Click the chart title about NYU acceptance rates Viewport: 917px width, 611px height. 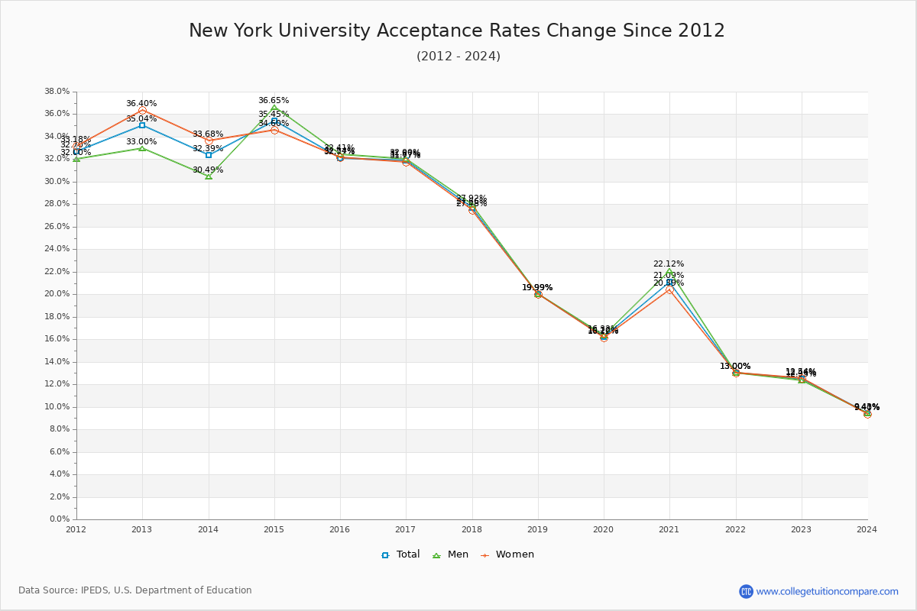point(457,31)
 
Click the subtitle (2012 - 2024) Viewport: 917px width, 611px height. point(458,57)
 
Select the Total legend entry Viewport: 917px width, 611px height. point(401,554)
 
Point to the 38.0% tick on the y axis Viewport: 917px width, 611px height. point(57,92)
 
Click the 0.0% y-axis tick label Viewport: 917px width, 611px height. point(60,519)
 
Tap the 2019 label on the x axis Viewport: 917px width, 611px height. point(538,529)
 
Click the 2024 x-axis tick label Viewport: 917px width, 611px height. point(867,529)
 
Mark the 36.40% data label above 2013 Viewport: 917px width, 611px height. point(141,104)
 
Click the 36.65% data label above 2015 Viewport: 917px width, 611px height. point(274,101)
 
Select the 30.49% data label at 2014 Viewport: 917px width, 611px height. point(208,170)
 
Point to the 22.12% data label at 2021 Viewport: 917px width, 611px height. point(669,264)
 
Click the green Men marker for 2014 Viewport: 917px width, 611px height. point(209,176)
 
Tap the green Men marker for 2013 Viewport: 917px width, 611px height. point(142,148)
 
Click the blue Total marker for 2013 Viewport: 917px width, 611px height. point(142,125)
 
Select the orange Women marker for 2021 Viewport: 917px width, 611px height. point(669,290)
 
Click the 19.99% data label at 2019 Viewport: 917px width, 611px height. point(537,288)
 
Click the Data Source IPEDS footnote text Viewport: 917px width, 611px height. point(135,590)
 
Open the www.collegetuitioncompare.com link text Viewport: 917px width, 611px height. point(827,591)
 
